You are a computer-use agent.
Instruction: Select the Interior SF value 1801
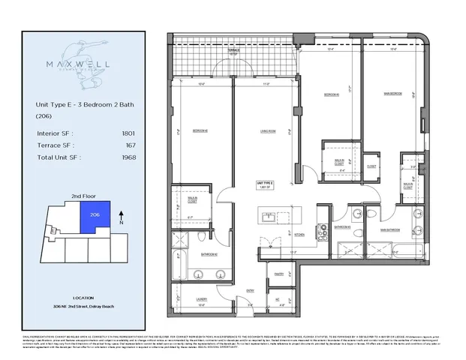pos(128,133)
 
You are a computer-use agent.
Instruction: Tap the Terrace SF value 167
pos(129,145)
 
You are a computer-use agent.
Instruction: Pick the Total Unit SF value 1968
pos(128,157)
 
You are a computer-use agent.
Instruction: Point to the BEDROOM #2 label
pos(200,132)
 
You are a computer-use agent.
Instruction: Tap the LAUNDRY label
pos(200,298)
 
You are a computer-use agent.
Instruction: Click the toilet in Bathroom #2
pos(204,238)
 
